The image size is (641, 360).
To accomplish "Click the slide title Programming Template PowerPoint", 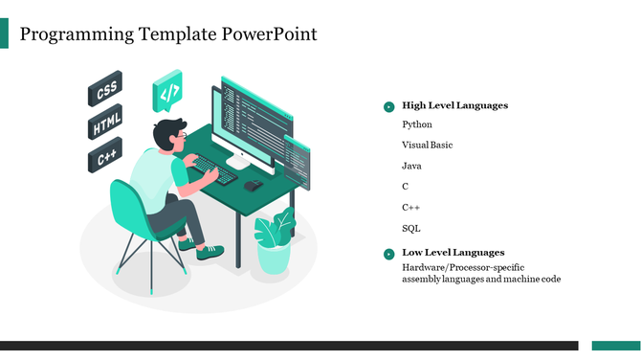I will click(168, 34).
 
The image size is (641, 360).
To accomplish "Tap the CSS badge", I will click(105, 90).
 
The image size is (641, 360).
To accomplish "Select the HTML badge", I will click(105, 125).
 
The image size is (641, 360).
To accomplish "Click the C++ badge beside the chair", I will click(105, 158).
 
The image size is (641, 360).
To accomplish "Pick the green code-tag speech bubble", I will click(167, 93).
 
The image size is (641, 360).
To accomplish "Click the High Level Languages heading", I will click(454, 105).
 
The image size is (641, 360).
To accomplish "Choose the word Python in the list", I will click(417, 124).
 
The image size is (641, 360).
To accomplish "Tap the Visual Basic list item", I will click(427, 146).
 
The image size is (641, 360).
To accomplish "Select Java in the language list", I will click(411, 166).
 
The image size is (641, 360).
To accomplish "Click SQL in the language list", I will click(411, 229).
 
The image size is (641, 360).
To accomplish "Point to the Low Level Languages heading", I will click(453, 252).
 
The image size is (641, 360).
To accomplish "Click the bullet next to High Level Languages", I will click(388, 107).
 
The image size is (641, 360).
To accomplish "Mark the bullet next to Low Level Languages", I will click(388, 254).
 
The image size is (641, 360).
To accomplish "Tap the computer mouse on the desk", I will click(253, 185).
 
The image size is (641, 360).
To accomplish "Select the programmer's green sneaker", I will click(210, 252).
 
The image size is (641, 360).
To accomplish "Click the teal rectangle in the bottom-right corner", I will click(615, 346).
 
